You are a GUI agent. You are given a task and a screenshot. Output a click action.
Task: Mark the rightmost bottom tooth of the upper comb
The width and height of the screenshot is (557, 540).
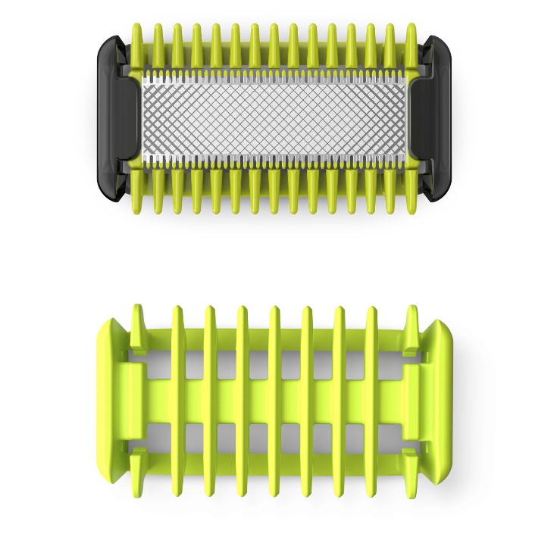pyautogui.click(x=412, y=193)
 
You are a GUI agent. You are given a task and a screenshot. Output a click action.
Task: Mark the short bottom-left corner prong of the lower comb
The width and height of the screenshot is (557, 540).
pyautogui.click(x=138, y=464)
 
